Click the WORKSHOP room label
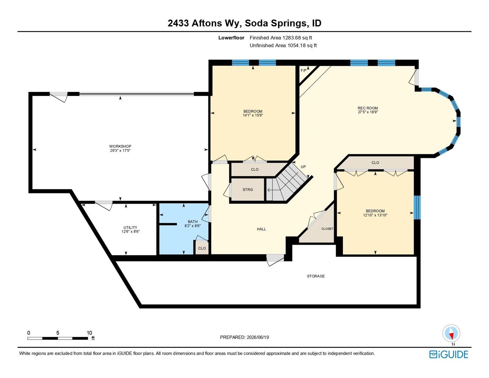point(120,146)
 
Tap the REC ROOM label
point(368,108)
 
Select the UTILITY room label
point(130,228)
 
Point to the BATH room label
point(193,222)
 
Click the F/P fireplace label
point(304,71)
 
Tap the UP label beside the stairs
point(303,167)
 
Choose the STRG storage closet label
point(248,190)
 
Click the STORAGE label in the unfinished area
point(316,276)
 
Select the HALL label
point(261,229)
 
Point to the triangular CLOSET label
point(327,229)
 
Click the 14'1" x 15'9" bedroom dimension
point(253,115)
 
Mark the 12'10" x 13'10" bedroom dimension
point(375,215)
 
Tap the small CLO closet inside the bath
point(202,248)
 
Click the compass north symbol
point(451,333)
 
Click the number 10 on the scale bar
point(89,333)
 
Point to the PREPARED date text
point(244,337)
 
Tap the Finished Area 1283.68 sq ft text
point(281,38)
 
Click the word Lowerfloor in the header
point(231,38)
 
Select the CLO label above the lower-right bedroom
point(375,163)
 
